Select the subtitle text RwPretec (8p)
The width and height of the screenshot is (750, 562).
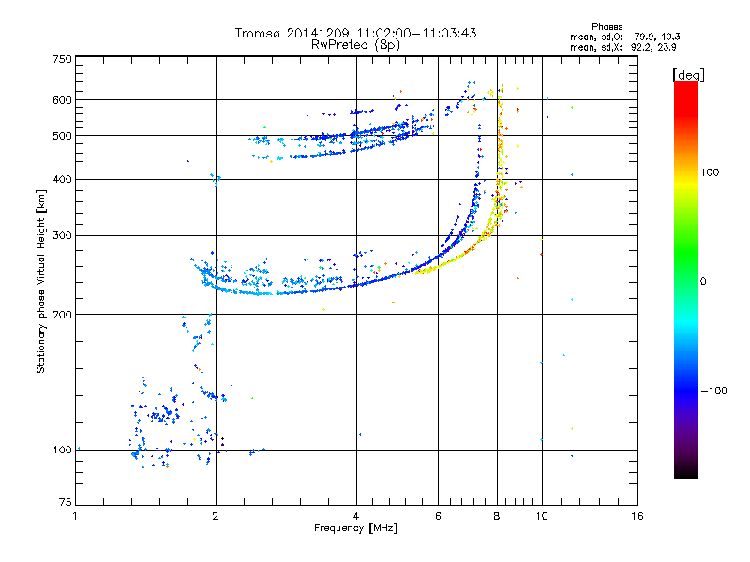tap(355, 45)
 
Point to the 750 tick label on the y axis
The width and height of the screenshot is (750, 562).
tap(62, 59)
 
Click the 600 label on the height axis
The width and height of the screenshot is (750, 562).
tap(62, 100)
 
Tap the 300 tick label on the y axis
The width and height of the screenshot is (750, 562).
tap(62, 235)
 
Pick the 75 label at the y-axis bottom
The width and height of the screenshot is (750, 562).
tap(66, 502)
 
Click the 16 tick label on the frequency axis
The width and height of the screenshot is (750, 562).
tap(637, 516)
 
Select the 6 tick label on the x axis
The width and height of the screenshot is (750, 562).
tap(438, 516)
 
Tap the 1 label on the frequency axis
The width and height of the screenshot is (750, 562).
tap(75, 516)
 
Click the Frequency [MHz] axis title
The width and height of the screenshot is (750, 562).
tap(355, 528)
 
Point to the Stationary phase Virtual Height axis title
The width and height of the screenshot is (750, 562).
tap(41, 281)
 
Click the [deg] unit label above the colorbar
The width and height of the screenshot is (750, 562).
tap(688, 75)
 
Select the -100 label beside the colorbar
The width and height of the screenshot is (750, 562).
tap(713, 391)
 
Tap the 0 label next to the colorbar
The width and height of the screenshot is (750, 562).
tap(703, 281)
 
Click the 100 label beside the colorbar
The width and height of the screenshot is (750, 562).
tap(710, 172)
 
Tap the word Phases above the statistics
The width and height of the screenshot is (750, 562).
tap(607, 27)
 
